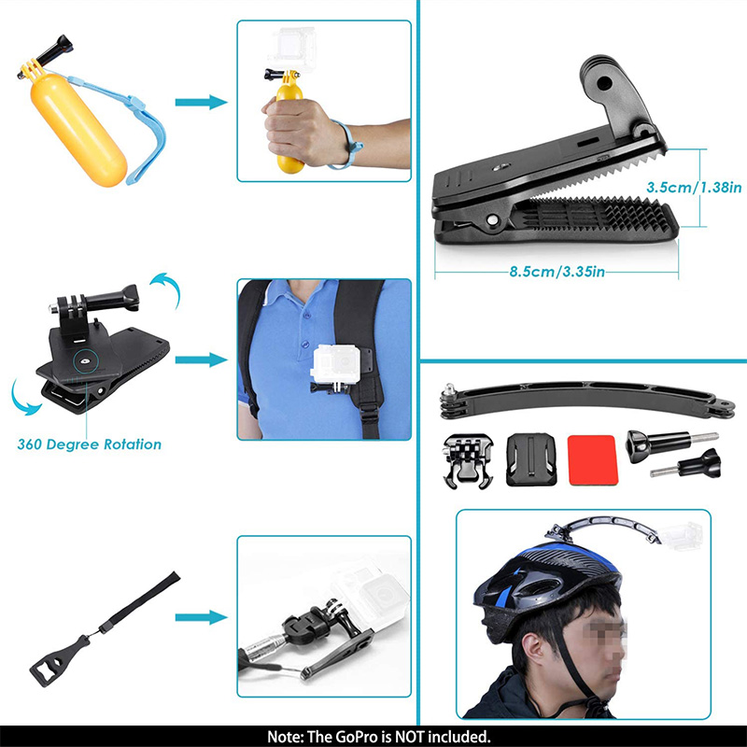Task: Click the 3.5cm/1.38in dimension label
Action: point(694,188)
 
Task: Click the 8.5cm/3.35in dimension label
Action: point(557,272)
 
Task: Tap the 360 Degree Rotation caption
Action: point(89,444)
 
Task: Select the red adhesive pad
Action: point(593,460)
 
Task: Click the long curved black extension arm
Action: point(587,400)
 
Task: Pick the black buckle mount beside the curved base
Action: point(468,460)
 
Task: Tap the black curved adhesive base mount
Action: point(530,459)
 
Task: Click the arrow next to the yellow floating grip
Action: point(201,102)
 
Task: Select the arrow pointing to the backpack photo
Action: point(201,359)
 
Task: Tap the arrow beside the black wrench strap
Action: point(201,617)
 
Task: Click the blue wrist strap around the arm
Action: point(346,145)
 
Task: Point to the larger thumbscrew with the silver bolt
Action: point(670,445)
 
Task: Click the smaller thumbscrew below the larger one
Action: point(686,464)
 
